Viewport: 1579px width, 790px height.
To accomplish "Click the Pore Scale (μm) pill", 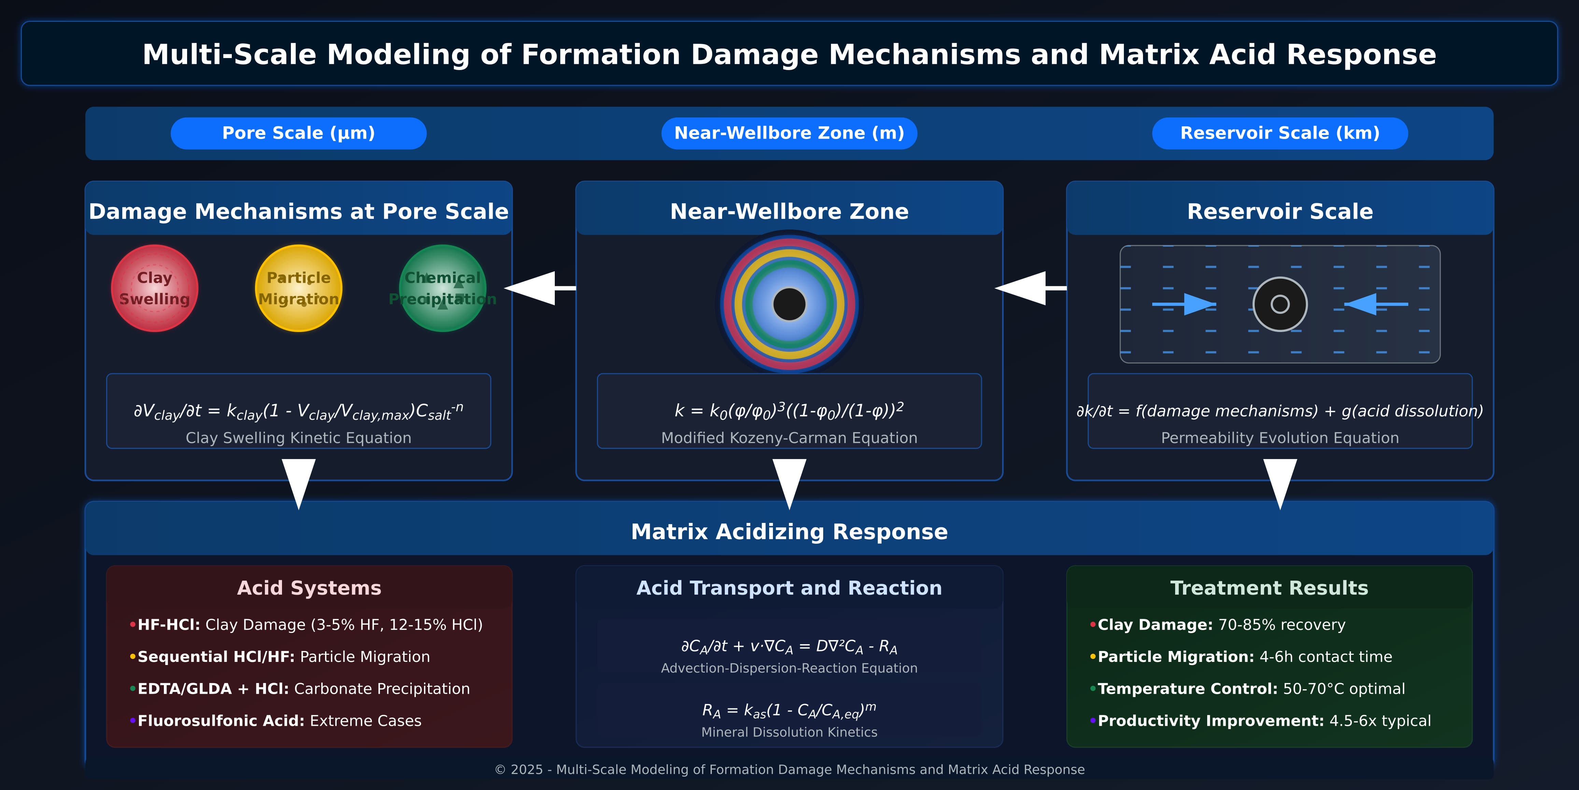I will (298, 133).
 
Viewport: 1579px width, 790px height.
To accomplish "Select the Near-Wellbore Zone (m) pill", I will (789, 133).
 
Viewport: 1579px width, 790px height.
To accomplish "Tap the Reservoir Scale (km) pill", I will (1280, 133).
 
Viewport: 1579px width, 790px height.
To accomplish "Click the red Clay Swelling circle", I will (154, 288).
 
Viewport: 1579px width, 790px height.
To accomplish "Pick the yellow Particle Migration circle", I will (298, 288).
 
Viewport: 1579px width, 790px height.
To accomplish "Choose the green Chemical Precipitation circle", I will (442, 288).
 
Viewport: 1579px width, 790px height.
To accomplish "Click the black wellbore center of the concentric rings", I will (789, 304).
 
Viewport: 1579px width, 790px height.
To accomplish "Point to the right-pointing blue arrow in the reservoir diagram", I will (1184, 304).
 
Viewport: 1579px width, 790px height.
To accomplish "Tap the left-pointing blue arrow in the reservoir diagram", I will (1376, 304).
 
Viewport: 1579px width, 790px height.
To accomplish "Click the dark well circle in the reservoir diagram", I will (1280, 304).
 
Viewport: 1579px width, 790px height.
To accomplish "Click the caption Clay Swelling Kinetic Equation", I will (298, 438).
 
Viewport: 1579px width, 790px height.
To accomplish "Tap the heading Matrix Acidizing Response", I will (789, 532).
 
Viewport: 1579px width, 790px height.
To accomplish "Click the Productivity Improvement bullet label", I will (1211, 721).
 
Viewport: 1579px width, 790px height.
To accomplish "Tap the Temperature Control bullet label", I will (1187, 689).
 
